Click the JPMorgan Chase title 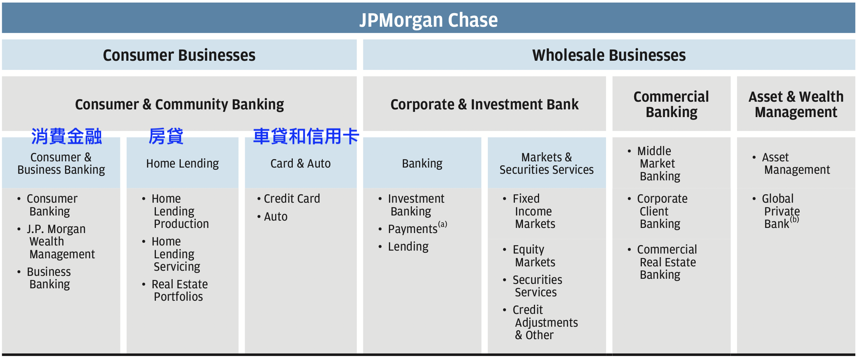click(429, 20)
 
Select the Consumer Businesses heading click(179, 55)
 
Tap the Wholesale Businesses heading click(609, 55)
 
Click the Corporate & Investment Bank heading click(485, 105)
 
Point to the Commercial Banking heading click(671, 104)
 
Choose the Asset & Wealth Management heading click(796, 104)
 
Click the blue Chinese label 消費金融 click(66, 136)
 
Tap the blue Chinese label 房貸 click(166, 136)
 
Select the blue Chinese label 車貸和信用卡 click(306, 136)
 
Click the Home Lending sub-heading click(182, 164)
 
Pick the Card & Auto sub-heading click(300, 164)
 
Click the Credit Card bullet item click(292, 199)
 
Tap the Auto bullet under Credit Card click(276, 217)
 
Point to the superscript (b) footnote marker click(794, 219)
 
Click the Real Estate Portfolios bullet click(180, 290)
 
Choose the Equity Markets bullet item click(534, 256)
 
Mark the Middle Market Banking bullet click(659, 164)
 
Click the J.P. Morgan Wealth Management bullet click(61, 241)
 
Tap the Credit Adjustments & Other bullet click(545, 322)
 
